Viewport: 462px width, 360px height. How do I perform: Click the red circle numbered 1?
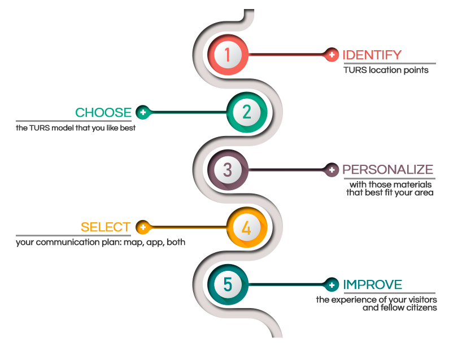coord(228,55)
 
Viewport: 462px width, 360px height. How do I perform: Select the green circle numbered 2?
coord(247,112)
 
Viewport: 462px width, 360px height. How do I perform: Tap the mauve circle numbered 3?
coord(228,170)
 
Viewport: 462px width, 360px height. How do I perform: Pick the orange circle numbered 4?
coord(247,228)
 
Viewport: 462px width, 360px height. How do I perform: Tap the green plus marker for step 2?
coord(143,112)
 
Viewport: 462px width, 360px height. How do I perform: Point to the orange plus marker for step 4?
coord(143,227)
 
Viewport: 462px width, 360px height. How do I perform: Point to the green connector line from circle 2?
coord(186,112)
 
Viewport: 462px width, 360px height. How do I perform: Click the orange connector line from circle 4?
coord(186,227)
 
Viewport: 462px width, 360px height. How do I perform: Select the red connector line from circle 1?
coord(288,55)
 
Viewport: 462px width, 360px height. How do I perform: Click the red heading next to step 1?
coord(372,55)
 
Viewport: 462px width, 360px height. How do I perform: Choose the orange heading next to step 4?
coord(106,227)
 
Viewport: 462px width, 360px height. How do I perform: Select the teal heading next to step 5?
coord(373,284)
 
